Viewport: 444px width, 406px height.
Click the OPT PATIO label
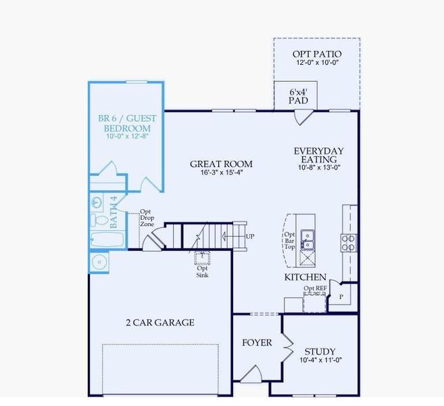(316, 54)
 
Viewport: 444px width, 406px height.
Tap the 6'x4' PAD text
(298, 96)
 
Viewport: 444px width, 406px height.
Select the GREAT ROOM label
(221, 164)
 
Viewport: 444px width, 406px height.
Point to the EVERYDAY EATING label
(318, 155)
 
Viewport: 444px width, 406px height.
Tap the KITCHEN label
(305, 277)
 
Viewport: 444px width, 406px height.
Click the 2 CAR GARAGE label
(160, 323)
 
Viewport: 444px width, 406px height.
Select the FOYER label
(257, 342)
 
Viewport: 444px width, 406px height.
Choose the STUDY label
(320, 351)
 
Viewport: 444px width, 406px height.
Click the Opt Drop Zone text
(147, 218)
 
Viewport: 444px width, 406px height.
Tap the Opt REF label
(315, 289)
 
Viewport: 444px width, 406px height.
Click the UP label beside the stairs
(251, 237)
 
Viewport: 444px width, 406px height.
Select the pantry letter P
(341, 296)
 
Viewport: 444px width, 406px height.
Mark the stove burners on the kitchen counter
(349, 242)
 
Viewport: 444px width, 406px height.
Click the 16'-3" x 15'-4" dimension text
(220, 173)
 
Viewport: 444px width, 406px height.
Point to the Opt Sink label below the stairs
(202, 271)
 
